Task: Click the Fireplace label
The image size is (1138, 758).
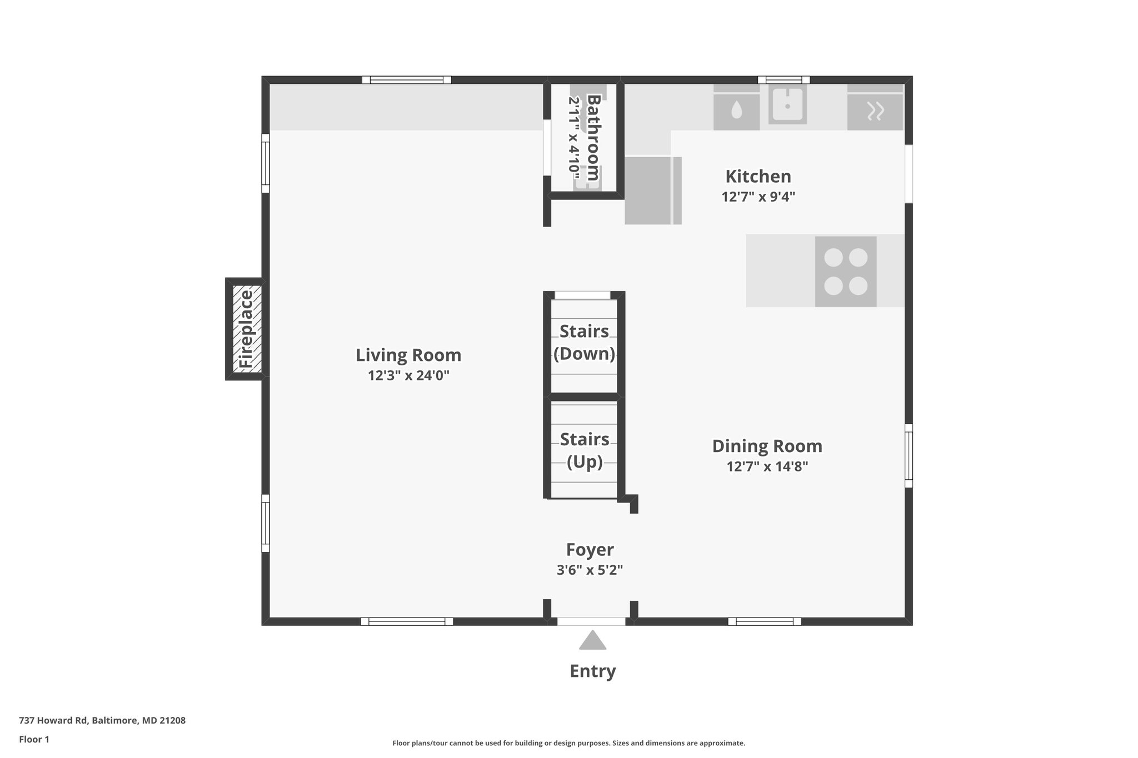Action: pos(246,329)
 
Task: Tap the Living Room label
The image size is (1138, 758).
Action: pos(408,355)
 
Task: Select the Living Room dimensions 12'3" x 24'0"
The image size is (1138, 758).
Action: pos(408,376)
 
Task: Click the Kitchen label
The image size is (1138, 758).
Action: pos(758,177)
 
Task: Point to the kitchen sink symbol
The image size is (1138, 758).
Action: pos(787,106)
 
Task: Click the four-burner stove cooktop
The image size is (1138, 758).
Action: pos(845,272)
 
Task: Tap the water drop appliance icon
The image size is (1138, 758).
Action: pos(736,110)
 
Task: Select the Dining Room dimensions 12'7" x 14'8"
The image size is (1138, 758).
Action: pos(767,466)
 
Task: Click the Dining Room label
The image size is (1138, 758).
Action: pos(767,446)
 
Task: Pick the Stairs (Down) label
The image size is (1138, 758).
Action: pos(584,342)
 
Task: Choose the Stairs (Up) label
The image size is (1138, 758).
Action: pos(584,450)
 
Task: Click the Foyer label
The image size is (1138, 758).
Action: pos(590,549)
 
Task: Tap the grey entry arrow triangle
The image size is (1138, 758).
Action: pos(592,641)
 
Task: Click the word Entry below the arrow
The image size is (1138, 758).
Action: pos(592,671)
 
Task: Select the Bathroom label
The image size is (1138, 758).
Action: pos(593,137)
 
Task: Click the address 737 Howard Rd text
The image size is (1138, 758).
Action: pos(102,720)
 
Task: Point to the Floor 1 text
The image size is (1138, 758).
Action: pos(34,739)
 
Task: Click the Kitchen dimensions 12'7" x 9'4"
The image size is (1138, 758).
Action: pos(758,197)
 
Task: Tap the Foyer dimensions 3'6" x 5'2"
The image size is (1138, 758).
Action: pos(590,570)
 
